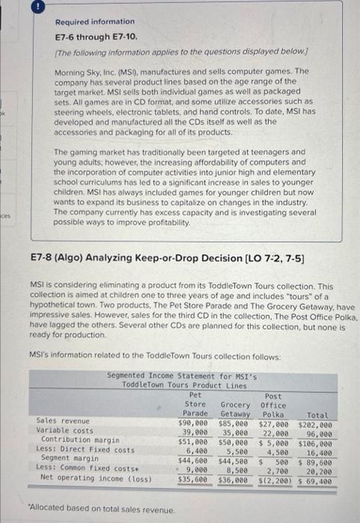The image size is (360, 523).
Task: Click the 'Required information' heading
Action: point(95,22)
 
